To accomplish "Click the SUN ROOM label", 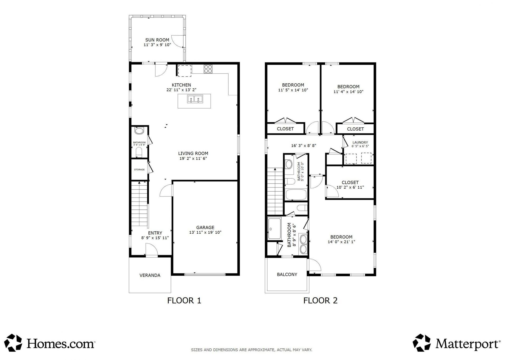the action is click(x=157, y=40).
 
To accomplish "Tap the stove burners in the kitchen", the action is click(x=208, y=69).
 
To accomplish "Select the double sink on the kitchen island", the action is click(x=195, y=99).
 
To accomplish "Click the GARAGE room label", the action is click(x=205, y=227).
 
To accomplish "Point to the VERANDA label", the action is click(x=150, y=275).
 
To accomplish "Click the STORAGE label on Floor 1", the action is click(x=139, y=170).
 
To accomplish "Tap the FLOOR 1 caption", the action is click(x=184, y=300).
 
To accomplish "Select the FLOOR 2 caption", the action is click(x=320, y=300).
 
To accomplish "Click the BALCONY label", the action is click(x=287, y=275).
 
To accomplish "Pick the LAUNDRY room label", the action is click(x=360, y=142).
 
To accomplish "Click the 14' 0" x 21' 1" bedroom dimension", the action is click(x=341, y=242).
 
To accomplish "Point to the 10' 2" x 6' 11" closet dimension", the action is click(x=350, y=187).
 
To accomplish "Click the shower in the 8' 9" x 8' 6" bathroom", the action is click(x=274, y=229).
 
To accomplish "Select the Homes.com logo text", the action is click(x=61, y=344).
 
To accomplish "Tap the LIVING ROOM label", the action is click(x=193, y=153).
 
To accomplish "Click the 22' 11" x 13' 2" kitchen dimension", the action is click(x=181, y=90).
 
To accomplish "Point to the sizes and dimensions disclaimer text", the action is click(x=251, y=350).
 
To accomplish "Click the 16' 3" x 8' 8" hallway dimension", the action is click(x=304, y=146).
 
